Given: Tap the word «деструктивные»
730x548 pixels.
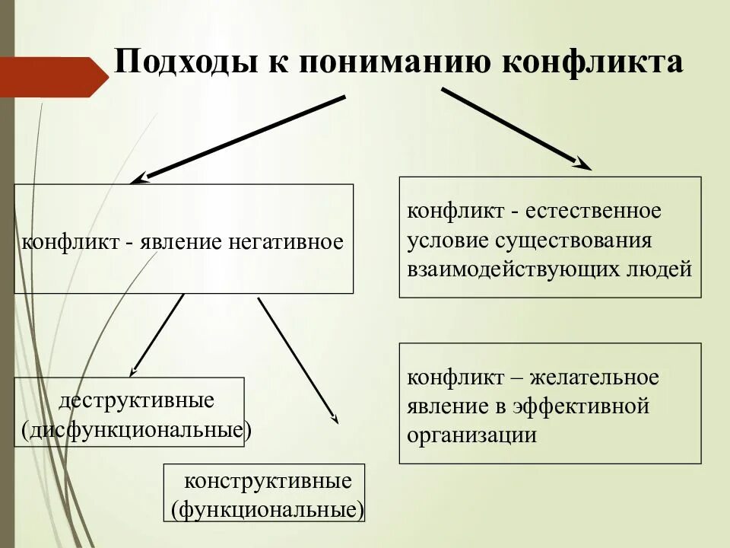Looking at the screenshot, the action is point(136,400).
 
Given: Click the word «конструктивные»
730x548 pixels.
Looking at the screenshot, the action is point(268,482).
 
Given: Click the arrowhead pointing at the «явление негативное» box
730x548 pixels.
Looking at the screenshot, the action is point(136,180).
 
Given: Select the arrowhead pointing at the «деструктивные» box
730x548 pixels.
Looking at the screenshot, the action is point(133,372).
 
